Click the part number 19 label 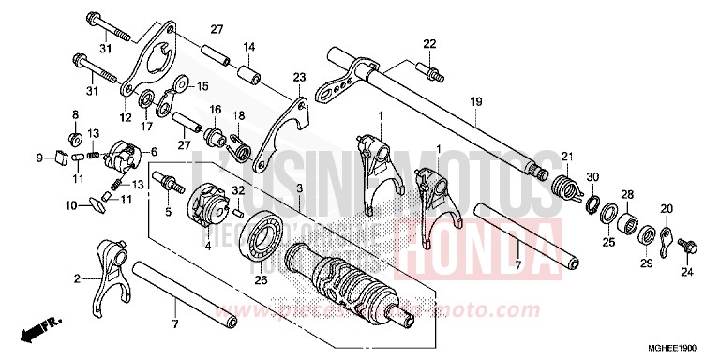[476, 100]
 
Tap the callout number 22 [429, 43]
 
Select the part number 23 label [299, 78]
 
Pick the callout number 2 [79, 277]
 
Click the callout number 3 [299, 189]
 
